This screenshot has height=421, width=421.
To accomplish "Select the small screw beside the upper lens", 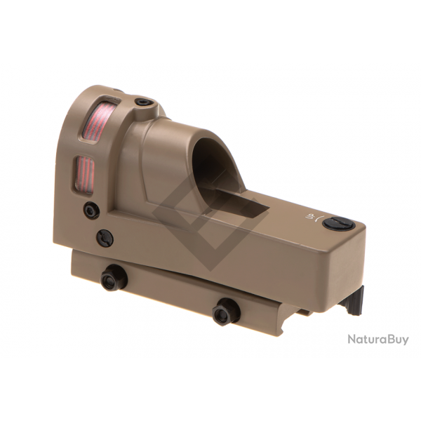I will coord(143,103).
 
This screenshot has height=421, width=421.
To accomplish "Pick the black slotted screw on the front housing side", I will coord(105,237).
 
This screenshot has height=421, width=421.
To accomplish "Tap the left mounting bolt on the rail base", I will coord(113,279).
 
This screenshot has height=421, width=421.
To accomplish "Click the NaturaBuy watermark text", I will coord(377,340).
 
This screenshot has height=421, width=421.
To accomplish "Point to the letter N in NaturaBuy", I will coord(352,340).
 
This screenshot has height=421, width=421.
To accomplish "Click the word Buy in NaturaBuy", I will coord(396,340).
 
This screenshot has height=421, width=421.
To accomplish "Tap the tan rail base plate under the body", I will coord(175,288).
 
